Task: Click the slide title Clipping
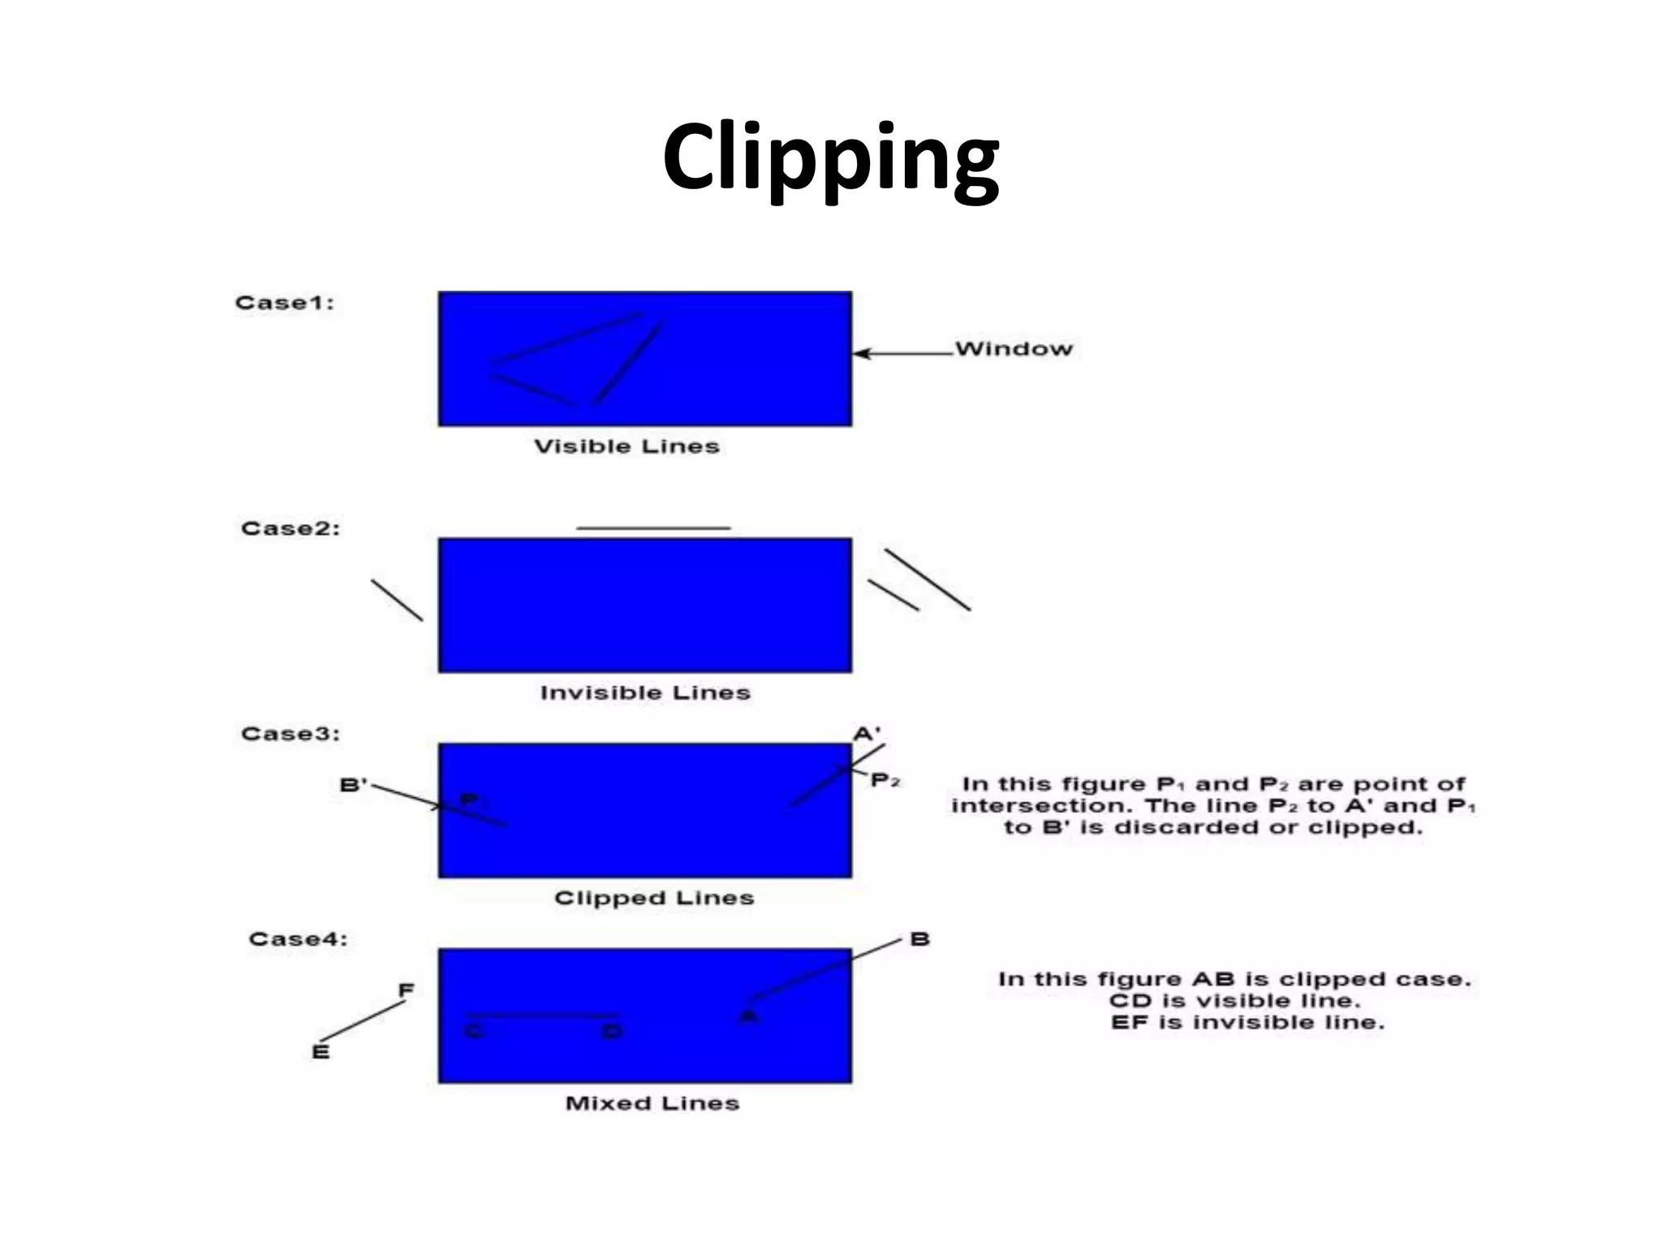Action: tap(830, 158)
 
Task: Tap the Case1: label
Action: tap(284, 303)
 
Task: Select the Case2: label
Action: tap(291, 529)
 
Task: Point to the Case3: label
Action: tap(291, 734)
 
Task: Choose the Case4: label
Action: tap(298, 939)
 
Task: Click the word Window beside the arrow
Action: tap(1014, 349)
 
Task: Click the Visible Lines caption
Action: tap(626, 447)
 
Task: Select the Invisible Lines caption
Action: tap(645, 693)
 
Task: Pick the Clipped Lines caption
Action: tap(654, 898)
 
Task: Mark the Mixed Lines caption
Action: tap(652, 1103)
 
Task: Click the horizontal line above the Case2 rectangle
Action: tap(653, 529)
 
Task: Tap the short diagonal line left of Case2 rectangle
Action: tap(397, 600)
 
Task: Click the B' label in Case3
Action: tap(353, 785)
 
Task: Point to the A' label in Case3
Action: tap(867, 734)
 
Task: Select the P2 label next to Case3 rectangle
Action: tap(885, 781)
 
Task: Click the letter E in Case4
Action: tap(321, 1052)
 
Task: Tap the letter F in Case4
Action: tap(406, 990)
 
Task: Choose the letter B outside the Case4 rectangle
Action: tap(919, 939)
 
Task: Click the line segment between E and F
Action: tap(363, 1021)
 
